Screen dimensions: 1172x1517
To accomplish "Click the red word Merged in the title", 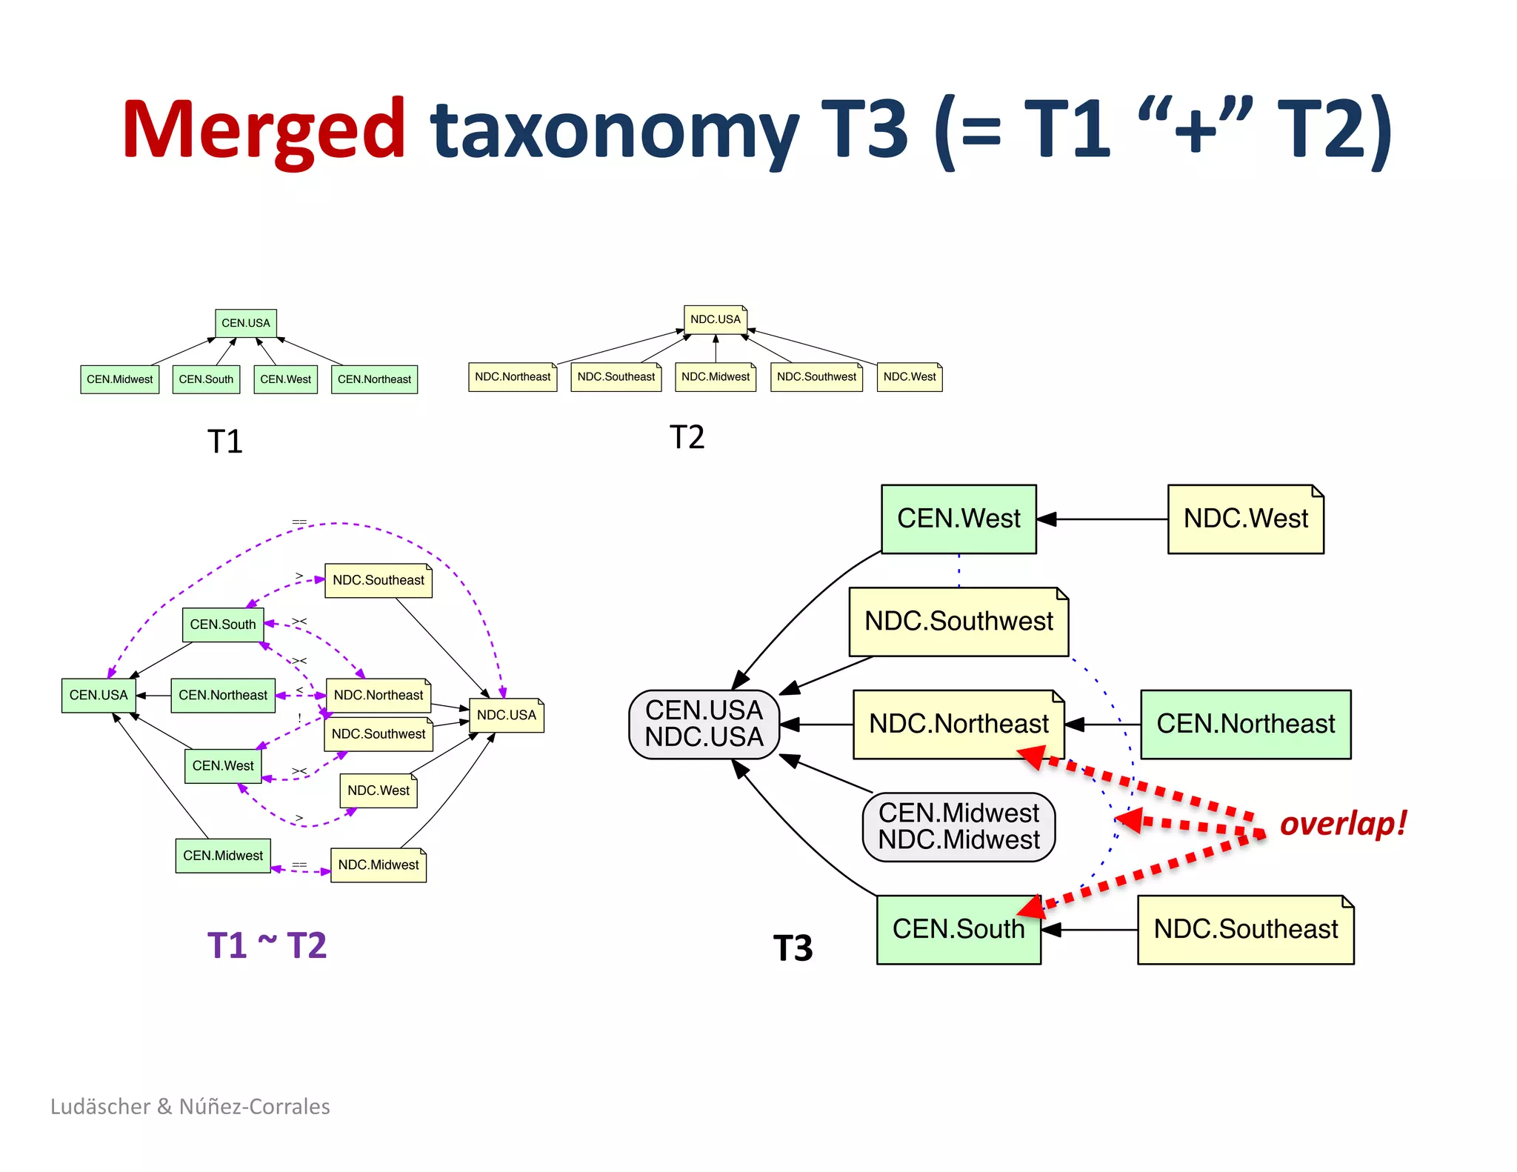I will (x=264, y=130).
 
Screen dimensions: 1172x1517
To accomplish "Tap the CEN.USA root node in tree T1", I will (x=246, y=323).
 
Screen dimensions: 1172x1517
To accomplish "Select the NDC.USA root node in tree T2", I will (x=715, y=319).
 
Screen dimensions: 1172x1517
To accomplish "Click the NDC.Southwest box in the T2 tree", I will (x=816, y=377).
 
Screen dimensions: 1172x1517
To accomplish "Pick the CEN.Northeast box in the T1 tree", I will (x=374, y=379).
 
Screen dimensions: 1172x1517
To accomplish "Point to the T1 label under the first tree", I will (x=224, y=442).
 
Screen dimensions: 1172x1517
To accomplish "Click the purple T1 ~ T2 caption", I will (x=267, y=945).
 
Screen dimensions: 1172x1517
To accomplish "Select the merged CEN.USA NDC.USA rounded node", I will (x=704, y=724).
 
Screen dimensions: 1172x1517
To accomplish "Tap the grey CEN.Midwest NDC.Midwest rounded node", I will (x=958, y=827).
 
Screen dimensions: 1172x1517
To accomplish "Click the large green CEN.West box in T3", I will (x=958, y=519).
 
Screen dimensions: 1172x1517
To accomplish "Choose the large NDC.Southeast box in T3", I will (x=1245, y=929).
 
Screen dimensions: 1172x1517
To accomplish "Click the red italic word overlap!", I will (x=1343, y=823).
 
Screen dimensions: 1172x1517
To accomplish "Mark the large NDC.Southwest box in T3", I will (x=958, y=622).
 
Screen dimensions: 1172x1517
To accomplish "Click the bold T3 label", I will (x=793, y=948).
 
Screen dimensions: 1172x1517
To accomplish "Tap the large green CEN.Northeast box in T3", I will (x=1245, y=724).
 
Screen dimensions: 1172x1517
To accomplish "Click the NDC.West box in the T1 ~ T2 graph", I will (x=379, y=790).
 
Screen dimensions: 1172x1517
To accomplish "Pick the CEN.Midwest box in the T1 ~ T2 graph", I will (x=223, y=856).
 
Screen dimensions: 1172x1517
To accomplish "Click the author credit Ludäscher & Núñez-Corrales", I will (x=190, y=1106).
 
